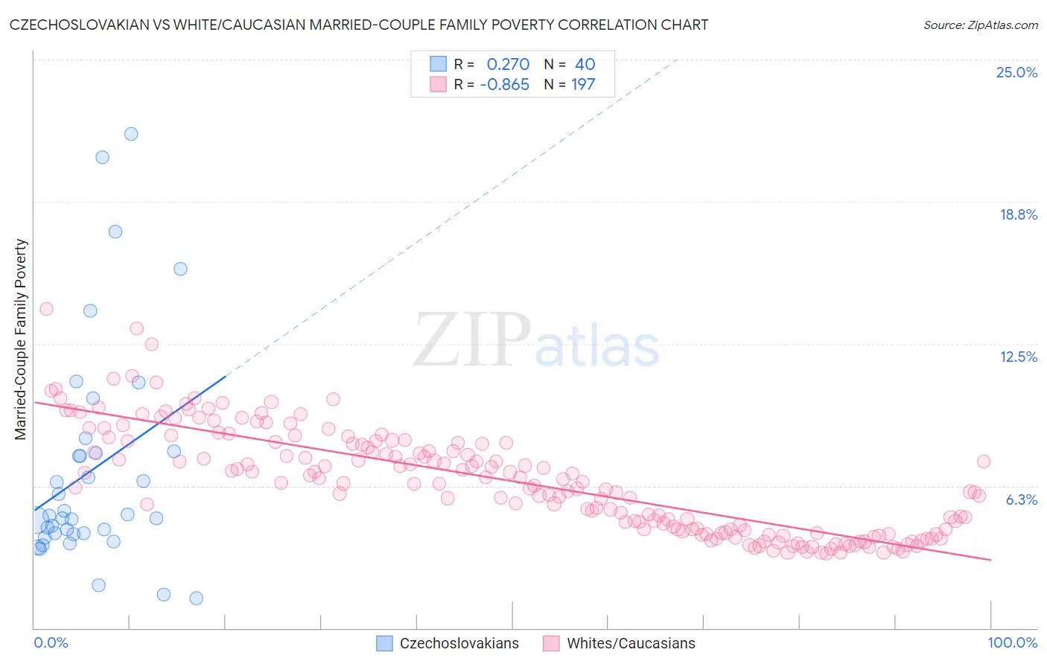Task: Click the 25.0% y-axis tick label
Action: pos(1016,72)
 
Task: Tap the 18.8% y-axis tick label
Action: pos(1018,214)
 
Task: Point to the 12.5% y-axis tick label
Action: pos(1018,357)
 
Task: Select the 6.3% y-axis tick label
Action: pos(1021,499)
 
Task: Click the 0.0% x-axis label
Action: pos(51,642)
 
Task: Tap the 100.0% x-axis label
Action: pos(1012,642)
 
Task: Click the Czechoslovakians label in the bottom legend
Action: pos(459,643)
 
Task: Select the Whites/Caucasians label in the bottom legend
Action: pos(631,643)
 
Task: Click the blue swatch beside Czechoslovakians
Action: pos(384,643)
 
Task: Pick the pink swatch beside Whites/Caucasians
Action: pos(551,643)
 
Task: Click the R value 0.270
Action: pos(508,65)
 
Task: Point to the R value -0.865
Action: pos(504,85)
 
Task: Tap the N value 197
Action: pos(583,85)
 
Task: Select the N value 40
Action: pos(585,65)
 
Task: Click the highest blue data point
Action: pos(131,134)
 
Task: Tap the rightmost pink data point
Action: pos(984,462)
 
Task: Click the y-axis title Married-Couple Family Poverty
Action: pos(21,339)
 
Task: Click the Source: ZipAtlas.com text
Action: pos(980,25)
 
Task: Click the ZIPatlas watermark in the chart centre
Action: pos(536,341)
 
